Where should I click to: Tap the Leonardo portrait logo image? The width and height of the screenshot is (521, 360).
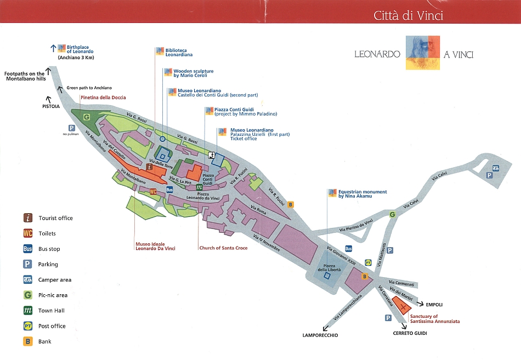(423, 53)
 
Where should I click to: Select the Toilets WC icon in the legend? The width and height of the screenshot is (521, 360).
(27, 233)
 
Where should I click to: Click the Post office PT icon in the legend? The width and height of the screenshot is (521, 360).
(27, 326)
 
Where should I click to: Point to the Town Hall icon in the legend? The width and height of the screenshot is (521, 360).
(27, 311)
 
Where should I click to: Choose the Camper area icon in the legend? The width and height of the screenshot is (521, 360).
(27, 279)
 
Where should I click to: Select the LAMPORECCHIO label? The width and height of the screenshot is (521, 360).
(320, 335)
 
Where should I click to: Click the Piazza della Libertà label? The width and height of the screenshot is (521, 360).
(330, 268)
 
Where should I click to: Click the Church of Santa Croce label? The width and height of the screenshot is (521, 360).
(223, 248)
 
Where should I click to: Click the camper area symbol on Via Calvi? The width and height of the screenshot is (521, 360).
(495, 168)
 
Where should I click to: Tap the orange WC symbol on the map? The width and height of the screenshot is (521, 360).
(153, 192)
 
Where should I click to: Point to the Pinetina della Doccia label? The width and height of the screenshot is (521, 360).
(103, 98)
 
